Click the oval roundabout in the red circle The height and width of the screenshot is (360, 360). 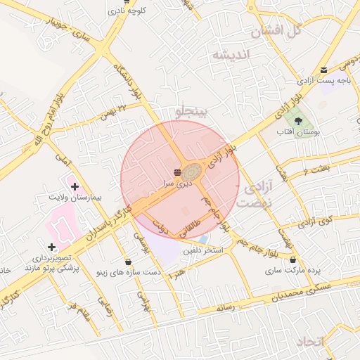pos(191,171)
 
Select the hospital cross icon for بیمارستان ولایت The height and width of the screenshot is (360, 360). pos(75,186)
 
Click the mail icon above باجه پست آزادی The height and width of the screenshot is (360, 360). pos(323,70)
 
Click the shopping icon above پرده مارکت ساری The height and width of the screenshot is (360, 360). pos(293,260)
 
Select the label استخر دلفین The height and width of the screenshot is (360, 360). pos(203,250)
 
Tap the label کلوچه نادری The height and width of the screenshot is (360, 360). pos(127,11)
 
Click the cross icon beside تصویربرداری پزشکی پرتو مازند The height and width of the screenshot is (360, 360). pos(51,247)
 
